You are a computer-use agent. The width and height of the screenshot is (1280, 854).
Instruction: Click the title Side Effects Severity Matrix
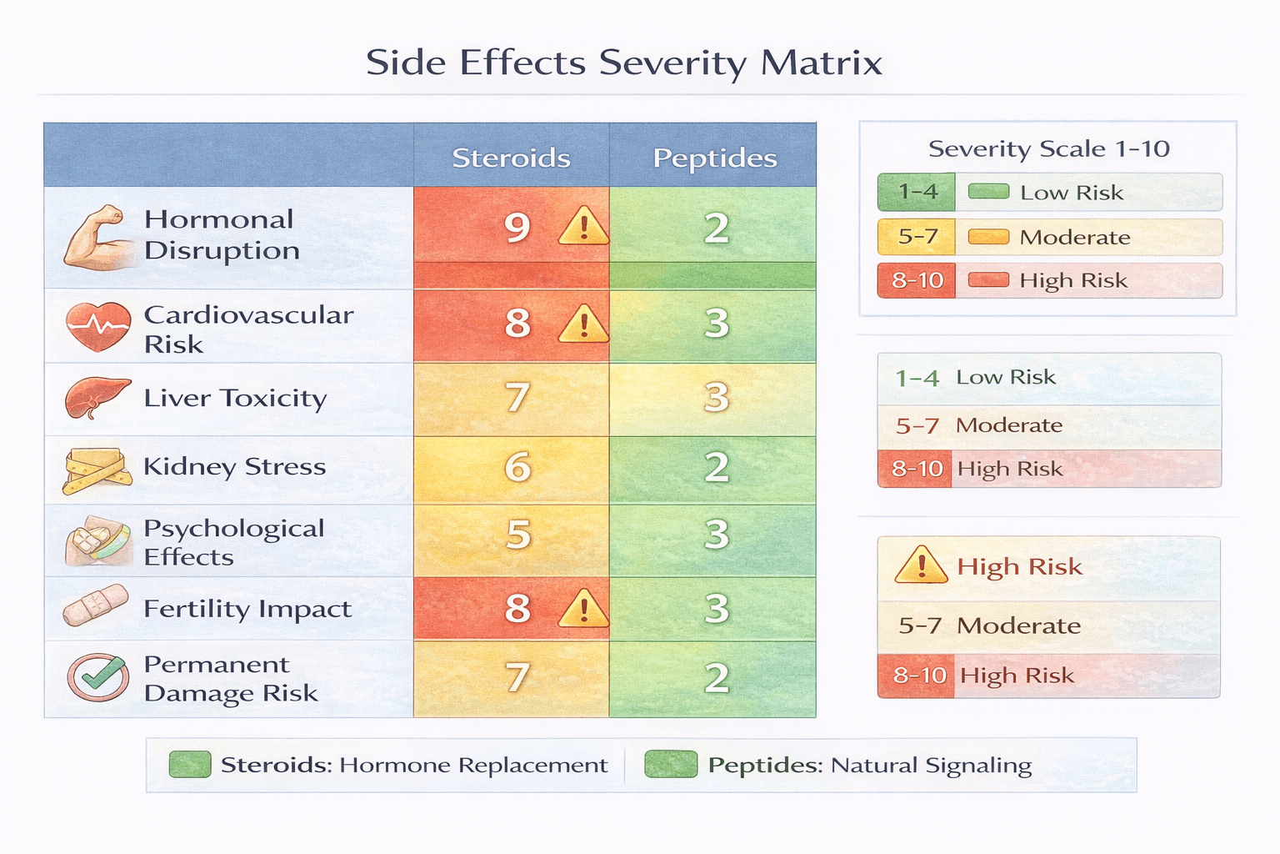click(623, 63)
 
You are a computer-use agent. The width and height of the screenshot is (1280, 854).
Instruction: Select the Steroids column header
click(511, 158)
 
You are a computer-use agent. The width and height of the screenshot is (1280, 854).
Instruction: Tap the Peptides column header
click(714, 158)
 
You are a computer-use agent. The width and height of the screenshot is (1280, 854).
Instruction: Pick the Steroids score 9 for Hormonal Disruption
click(517, 227)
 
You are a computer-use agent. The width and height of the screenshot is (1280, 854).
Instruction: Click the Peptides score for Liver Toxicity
click(716, 398)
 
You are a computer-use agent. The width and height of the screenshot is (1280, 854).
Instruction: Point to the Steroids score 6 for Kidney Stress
click(517, 467)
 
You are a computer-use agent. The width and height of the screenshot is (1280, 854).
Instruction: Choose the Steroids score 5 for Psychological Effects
click(517, 535)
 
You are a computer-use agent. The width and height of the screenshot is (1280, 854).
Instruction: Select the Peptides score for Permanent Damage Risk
click(716, 678)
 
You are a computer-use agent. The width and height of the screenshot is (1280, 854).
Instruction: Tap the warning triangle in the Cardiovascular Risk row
click(583, 324)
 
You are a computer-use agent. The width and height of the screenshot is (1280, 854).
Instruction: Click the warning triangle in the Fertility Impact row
click(583, 609)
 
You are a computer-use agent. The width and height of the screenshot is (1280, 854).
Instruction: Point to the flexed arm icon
click(97, 237)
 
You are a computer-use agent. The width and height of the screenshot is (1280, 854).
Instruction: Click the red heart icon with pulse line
click(98, 325)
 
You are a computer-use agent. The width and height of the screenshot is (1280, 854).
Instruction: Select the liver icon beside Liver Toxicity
click(97, 398)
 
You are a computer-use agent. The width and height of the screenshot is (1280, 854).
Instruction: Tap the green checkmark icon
click(98, 677)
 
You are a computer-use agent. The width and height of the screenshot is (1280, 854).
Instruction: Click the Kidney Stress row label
click(234, 466)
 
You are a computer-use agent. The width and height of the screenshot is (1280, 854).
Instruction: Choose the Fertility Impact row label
click(247, 609)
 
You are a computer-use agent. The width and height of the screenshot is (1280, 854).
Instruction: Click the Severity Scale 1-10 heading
click(1048, 149)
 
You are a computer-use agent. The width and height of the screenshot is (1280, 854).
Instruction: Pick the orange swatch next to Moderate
click(988, 237)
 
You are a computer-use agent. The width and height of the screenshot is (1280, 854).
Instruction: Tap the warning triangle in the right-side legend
click(921, 565)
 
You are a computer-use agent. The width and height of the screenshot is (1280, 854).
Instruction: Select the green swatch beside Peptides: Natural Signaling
click(671, 764)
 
